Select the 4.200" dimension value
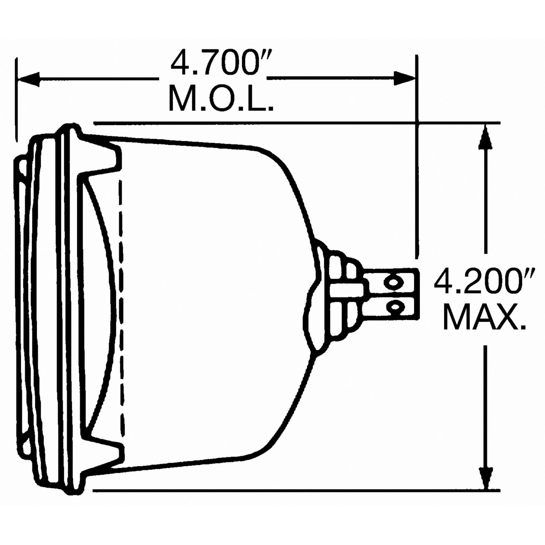click(484, 281)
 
